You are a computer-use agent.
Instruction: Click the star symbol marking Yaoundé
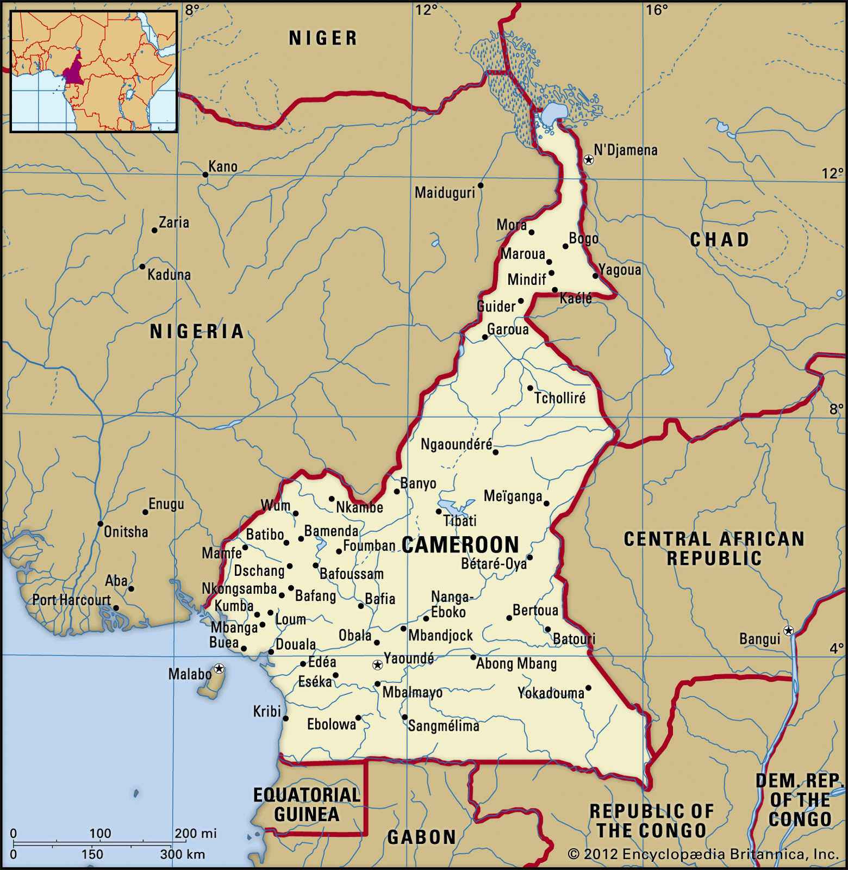pos(377,665)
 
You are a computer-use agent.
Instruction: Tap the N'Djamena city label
pos(625,150)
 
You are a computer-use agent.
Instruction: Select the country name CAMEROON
pos(460,545)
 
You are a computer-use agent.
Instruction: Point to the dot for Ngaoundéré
pos(495,452)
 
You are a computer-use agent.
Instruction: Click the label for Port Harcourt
pos(71,600)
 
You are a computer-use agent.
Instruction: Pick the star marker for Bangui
pos(788,631)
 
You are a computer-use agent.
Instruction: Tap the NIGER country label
pos(323,38)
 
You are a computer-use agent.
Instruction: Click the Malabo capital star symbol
pos(219,668)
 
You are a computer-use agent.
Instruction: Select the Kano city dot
pos(205,175)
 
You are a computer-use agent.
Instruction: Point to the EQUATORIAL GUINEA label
pos(307,805)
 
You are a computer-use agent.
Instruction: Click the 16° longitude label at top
pos(657,10)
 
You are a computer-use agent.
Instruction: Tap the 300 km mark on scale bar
pos(183,854)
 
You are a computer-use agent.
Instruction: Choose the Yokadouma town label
pos(550,693)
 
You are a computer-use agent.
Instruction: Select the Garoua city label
pos(508,330)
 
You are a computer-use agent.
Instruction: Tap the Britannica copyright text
pos(703,854)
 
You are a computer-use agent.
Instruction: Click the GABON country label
pos(421,837)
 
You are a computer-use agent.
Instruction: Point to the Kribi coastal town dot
pos(286,719)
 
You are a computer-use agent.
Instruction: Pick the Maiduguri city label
pos(445,192)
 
